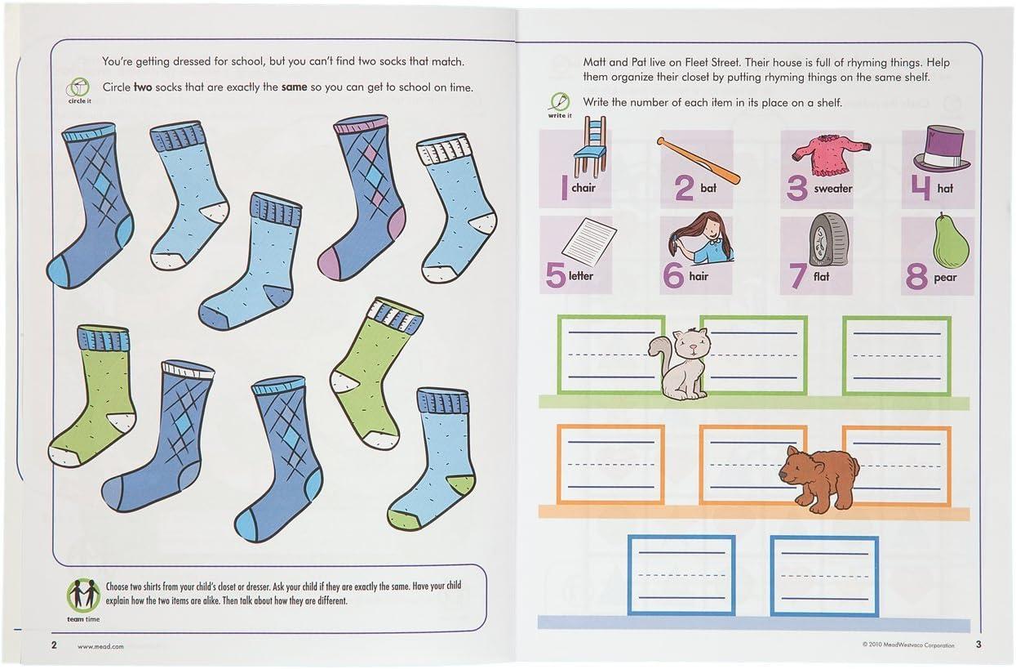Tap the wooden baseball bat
click(x=699, y=161)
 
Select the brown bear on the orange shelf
click(x=819, y=479)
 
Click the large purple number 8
click(x=916, y=276)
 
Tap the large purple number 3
click(x=797, y=188)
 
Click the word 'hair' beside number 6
click(x=699, y=276)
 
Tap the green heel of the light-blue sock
click(x=461, y=484)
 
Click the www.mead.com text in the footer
click(x=100, y=646)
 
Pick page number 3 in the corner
click(x=978, y=644)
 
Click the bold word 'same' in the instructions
click(x=294, y=87)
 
